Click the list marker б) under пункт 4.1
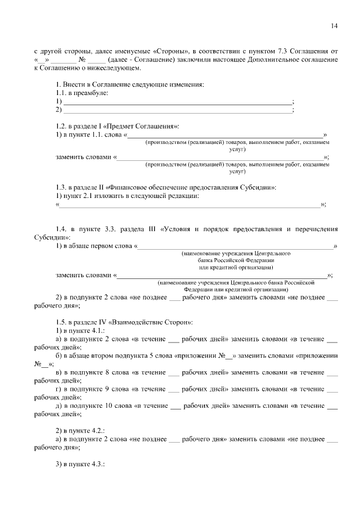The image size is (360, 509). pos(59,356)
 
